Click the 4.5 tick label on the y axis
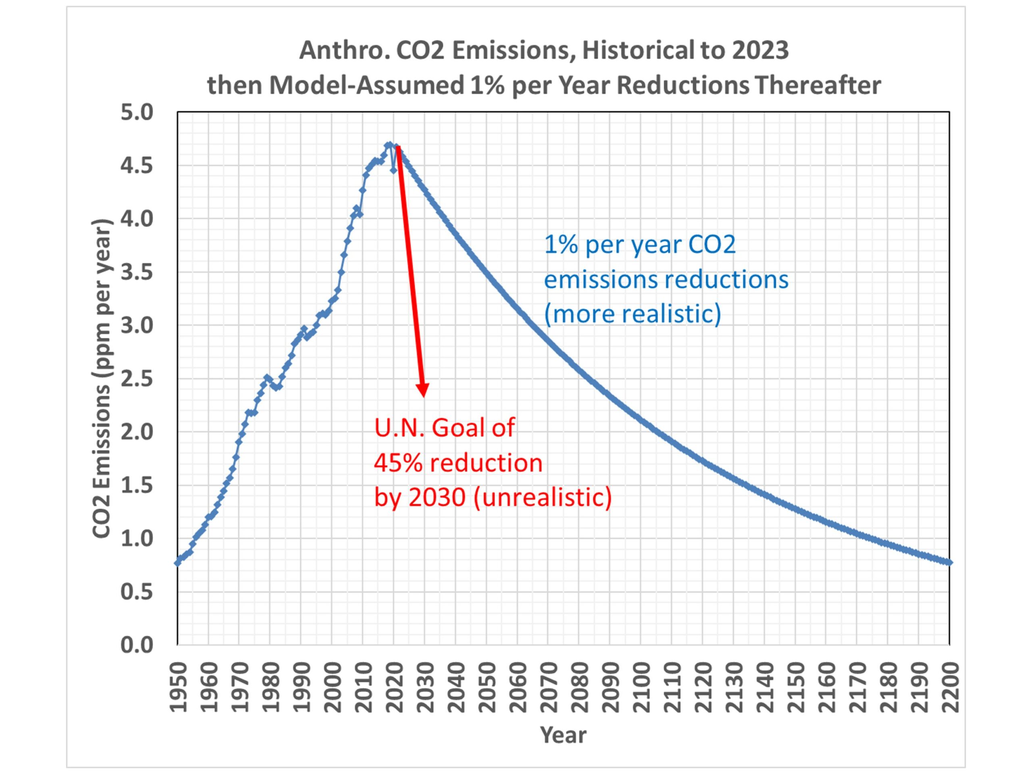point(137,166)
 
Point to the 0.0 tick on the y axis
point(137,645)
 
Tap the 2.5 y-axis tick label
point(137,379)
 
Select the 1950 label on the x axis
point(178,688)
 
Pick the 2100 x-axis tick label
point(641,688)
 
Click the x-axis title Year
point(563,735)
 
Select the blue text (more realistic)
point(632,314)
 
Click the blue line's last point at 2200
point(949,562)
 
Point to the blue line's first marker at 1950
point(178,563)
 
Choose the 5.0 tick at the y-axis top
point(137,112)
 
